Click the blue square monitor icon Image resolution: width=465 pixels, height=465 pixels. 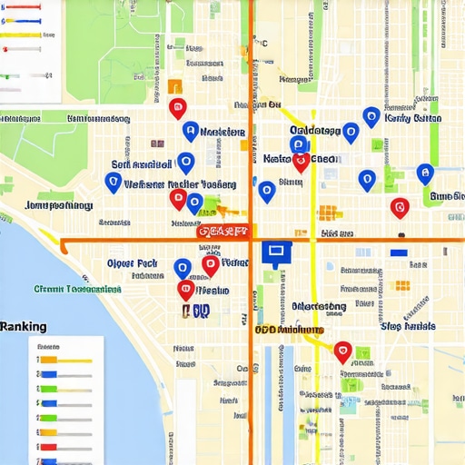point(273,252)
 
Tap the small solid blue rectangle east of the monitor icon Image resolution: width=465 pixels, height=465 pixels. point(398,252)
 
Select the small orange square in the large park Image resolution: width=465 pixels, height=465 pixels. point(174,86)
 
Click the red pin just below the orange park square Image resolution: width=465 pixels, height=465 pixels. point(177,108)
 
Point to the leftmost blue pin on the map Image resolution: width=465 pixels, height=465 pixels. point(113,182)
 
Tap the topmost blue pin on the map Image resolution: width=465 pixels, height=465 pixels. point(371,115)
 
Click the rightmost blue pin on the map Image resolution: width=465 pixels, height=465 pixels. point(423,173)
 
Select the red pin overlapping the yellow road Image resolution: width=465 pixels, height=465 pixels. point(301,163)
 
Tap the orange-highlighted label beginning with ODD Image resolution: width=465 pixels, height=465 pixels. point(289,330)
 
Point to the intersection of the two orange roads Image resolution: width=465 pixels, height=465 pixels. point(251,240)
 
